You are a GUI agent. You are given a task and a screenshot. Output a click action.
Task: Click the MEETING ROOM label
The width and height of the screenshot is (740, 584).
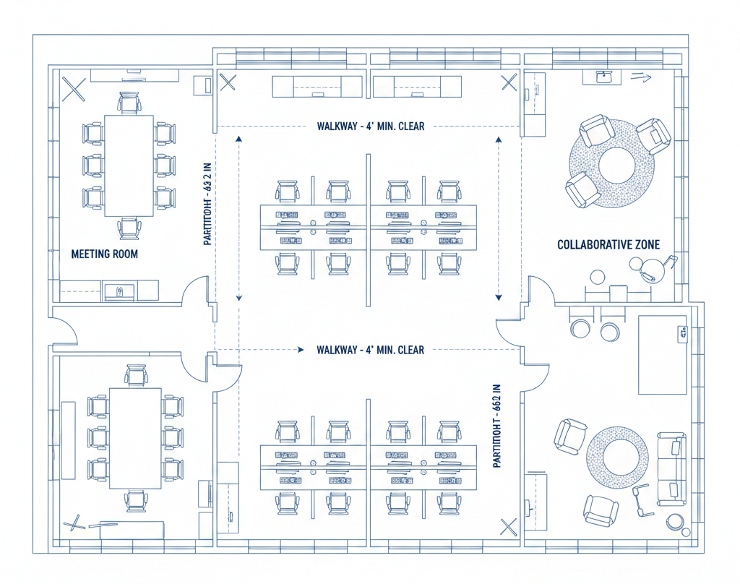[x=104, y=254]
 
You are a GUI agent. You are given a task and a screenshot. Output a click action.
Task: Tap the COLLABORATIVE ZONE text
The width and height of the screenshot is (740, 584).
[x=608, y=245]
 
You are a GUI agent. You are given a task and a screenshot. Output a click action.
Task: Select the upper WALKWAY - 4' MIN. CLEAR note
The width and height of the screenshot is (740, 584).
[x=370, y=126]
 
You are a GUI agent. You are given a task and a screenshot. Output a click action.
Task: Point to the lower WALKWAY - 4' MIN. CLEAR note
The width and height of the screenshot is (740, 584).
[x=370, y=350]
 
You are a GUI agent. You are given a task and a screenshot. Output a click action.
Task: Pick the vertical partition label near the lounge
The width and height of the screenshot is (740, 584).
[x=496, y=426]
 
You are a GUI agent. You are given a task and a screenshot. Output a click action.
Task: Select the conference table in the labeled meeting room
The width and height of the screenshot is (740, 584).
[x=129, y=166]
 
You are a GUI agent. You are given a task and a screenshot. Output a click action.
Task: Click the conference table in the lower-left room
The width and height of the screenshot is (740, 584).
[x=135, y=438]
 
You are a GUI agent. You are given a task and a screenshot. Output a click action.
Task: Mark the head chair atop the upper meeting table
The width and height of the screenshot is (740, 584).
[x=129, y=103]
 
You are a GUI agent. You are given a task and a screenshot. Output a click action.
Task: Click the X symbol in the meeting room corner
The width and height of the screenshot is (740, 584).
[x=74, y=90]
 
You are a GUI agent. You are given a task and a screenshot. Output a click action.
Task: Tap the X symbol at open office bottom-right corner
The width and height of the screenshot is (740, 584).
[x=509, y=527]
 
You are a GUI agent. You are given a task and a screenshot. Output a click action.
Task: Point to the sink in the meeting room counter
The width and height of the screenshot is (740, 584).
[x=119, y=291]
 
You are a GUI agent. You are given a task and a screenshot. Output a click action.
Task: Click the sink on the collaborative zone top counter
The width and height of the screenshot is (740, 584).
[x=605, y=76]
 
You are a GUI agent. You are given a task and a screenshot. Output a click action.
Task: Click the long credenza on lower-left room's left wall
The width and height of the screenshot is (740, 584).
[x=69, y=440]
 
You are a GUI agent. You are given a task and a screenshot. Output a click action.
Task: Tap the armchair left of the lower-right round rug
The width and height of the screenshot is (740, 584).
[x=569, y=437]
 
